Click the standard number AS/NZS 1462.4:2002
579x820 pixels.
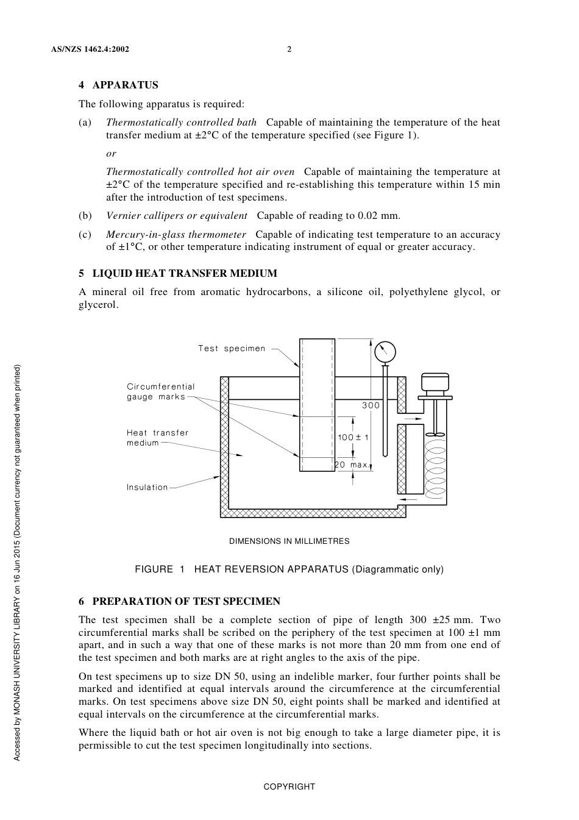[90, 49]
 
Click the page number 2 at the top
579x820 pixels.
[289, 49]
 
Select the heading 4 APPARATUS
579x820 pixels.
[118, 85]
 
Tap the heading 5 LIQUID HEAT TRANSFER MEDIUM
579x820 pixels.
[178, 274]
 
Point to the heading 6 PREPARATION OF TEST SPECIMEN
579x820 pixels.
[179, 602]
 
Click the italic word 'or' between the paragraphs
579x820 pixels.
[111, 154]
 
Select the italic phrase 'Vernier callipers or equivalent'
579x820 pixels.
[177, 216]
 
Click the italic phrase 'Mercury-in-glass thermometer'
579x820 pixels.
[176, 235]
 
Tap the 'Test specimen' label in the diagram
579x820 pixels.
[232, 349]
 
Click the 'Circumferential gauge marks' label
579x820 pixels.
[160, 391]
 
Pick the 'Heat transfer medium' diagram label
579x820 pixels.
[157, 438]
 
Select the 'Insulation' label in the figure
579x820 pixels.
[147, 488]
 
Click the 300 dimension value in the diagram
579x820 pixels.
[371, 405]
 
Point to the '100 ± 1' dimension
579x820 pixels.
[353, 438]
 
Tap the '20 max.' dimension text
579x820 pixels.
[352, 465]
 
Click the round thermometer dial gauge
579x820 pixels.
[385, 352]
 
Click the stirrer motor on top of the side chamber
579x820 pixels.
[435, 383]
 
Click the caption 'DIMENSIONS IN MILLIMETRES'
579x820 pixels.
[289, 541]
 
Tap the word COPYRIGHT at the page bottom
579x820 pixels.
[289, 787]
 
